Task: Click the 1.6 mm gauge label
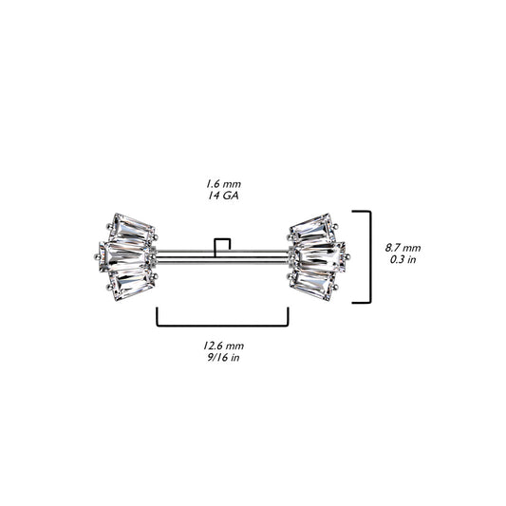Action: coord(223,184)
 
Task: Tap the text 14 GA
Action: coord(223,196)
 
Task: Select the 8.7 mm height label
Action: coord(403,248)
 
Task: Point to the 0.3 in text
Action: coord(403,259)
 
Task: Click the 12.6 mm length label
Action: coord(223,346)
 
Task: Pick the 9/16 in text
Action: coord(223,357)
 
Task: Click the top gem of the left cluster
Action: coord(133,230)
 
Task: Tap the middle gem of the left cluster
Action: coord(125,257)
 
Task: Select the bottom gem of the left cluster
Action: coord(133,285)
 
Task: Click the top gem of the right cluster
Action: coord(311,230)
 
